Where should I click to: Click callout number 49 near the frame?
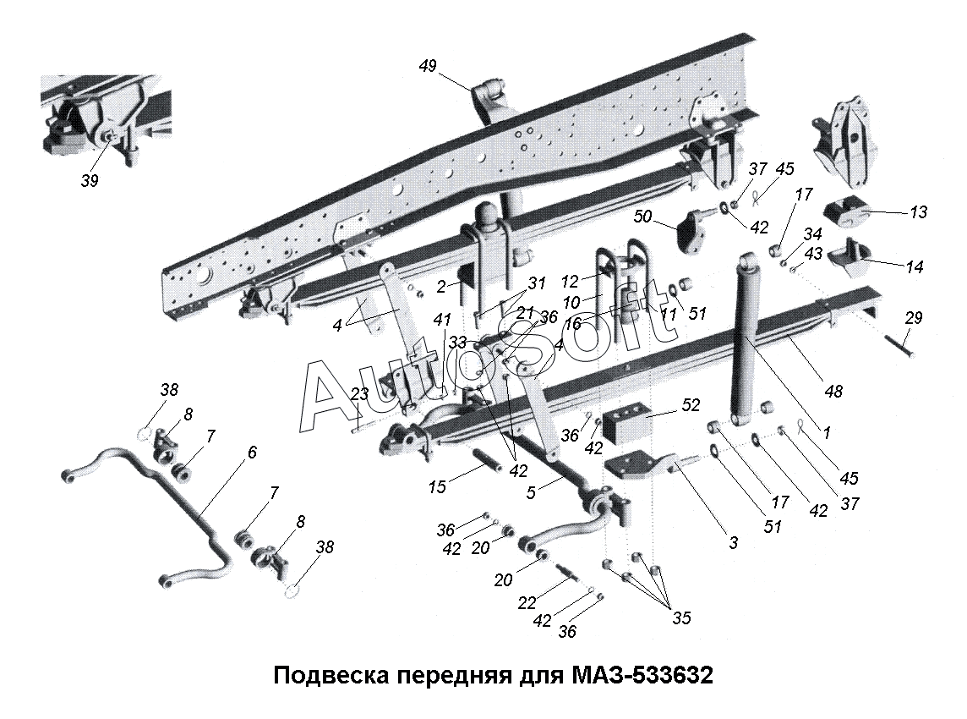click(x=428, y=66)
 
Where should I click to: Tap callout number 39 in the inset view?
click(x=90, y=181)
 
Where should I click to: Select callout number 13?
click(x=918, y=212)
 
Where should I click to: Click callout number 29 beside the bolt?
click(x=913, y=318)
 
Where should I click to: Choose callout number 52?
click(x=691, y=405)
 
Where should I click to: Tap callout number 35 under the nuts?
click(x=680, y=619)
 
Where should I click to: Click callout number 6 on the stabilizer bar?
click(x=251, y=453)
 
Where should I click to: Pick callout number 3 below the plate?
click(x=733, y=543)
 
